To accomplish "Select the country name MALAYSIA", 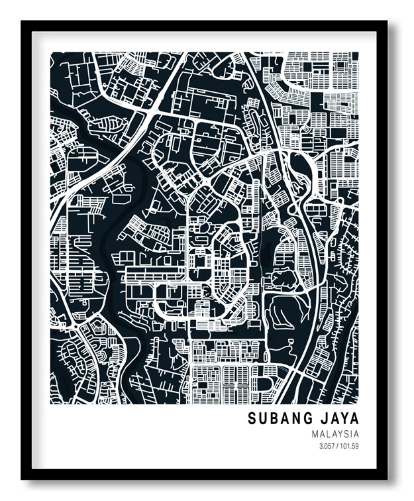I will click(x=335, y=434).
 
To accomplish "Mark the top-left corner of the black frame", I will click(x=23, y=22).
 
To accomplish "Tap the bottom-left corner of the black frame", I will click(x=23, y=478).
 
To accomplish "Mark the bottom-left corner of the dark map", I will click(x=51, y=403).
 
